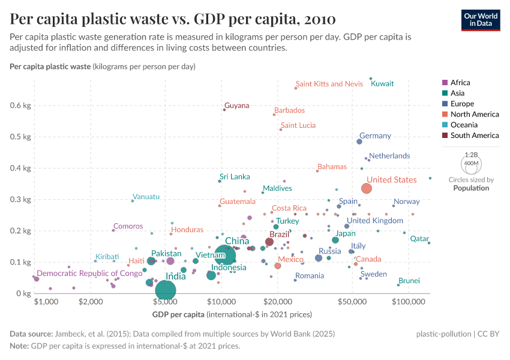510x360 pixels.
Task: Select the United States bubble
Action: coord(367,188)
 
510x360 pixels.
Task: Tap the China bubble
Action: coord(224,256)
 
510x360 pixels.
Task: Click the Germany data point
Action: coord(359,142)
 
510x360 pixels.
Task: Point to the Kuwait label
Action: coord(382,84)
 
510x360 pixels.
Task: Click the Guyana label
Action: coord(236,106)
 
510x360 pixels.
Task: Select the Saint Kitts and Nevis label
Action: coord(329,84)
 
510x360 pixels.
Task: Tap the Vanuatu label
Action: coord(146,197)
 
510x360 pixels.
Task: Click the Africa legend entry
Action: coord(460,83)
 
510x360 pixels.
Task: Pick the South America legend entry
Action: coord(473,136)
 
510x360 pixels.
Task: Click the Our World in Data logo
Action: coord(481,19)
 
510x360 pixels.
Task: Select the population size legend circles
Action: coord(471,163)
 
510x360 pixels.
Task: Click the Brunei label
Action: coord(409,281)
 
